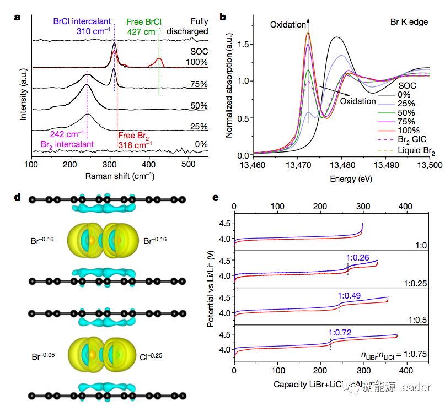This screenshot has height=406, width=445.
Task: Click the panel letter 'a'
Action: (18, 17)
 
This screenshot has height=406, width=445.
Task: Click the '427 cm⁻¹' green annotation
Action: (144, 31)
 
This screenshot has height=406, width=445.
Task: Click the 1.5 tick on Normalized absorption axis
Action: (241, 44)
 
